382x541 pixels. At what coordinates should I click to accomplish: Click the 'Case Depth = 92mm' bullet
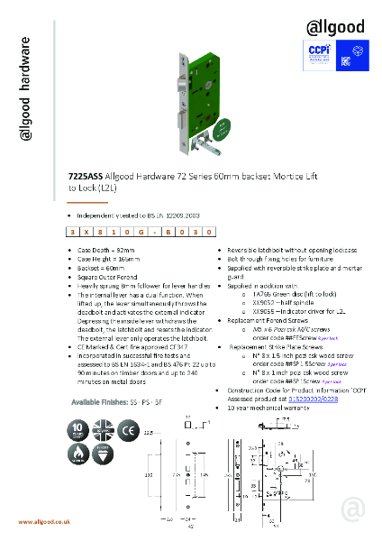pyautogui.click(x=106, y=247)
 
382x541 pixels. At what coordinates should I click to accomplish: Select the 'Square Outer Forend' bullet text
pyautogui.click(x=111, y=276)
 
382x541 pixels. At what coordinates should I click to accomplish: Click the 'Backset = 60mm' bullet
pyautogui.click(x=101, y=267)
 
